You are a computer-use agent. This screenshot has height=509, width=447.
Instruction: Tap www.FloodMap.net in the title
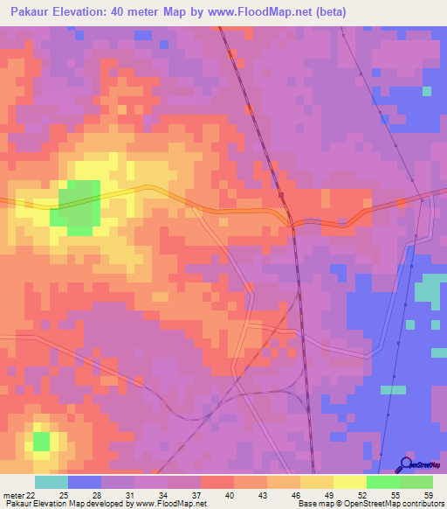[267, 12]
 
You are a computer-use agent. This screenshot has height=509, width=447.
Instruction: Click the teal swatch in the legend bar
[52, 482]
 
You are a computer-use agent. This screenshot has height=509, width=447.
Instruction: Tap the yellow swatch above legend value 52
[350, 482]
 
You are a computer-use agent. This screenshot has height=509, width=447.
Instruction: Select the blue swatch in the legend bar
[85, 482]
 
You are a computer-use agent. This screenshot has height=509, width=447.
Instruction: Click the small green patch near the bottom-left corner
[41, 441]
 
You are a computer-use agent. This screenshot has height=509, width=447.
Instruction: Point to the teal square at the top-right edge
[427, 91]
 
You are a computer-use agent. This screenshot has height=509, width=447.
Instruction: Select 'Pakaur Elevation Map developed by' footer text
[54, 504]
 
